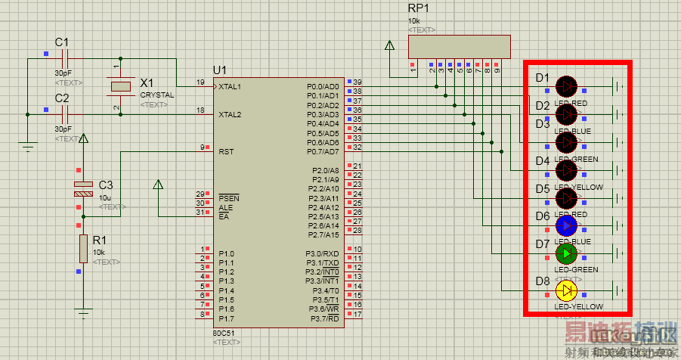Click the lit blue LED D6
566,225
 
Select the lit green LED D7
566,253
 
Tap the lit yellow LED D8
566,290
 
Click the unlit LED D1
566,86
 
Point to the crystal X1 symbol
121,87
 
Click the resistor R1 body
82,250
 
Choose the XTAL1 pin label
230,87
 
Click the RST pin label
226,151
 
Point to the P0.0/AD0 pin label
323,86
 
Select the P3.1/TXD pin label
323,262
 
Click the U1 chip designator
219,70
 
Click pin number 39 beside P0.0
358,82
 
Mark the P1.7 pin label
227,318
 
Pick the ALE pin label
224,207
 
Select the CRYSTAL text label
156,95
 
